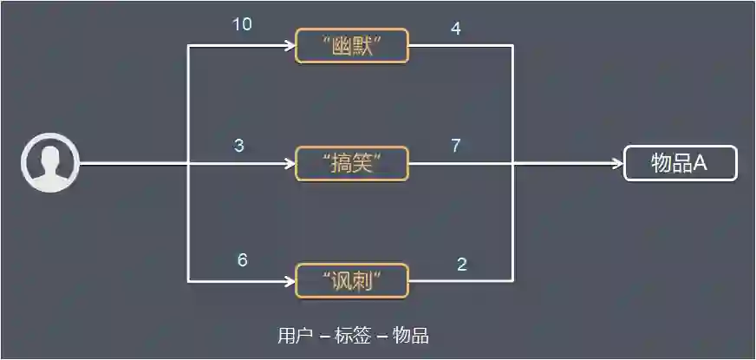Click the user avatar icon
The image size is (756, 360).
[50, 162]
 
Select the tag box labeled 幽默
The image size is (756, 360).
[352, 47]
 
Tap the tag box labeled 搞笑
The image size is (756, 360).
[352, 163]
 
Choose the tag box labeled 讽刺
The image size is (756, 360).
[352, 280]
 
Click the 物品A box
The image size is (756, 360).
[681, 163]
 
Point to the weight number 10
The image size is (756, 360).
[242, 24]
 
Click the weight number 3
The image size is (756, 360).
[239, 146]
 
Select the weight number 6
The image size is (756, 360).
[243, 260]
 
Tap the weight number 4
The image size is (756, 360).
[455, 29]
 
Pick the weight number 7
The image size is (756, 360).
[455, 145]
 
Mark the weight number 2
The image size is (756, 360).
[461, 265]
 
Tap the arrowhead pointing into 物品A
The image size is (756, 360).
[617, 163]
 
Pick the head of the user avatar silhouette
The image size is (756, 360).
[50, 156]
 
